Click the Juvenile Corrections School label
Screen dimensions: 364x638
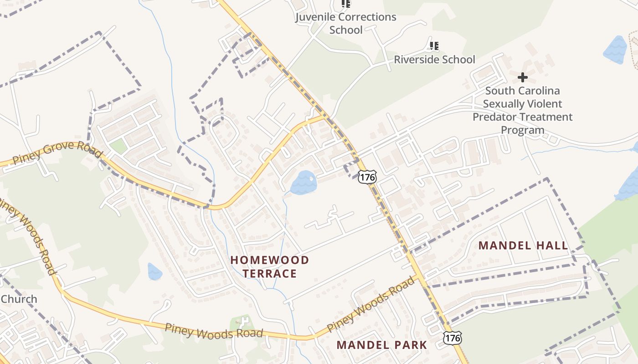345,23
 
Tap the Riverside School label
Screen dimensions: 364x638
434,60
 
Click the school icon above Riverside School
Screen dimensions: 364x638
434,45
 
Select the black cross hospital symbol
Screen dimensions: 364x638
523,77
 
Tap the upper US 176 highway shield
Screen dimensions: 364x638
367,177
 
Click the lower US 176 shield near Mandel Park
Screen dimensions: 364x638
452,337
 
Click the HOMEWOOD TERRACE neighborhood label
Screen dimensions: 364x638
269,267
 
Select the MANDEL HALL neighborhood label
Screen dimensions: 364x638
523,246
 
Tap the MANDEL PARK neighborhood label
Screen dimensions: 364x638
382,345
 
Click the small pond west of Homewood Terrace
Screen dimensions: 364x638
154,272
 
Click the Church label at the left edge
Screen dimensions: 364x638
19,299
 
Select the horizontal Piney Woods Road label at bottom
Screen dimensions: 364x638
214,331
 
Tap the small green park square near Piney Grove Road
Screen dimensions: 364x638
118,147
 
